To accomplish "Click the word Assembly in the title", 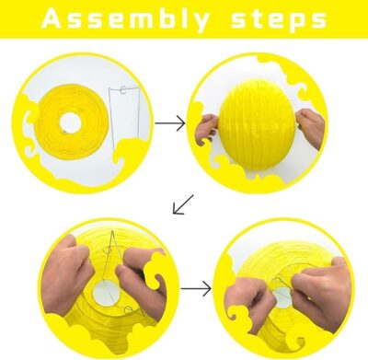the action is pyautogui.click(x=125, y=19).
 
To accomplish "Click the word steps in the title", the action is pyautogui.click(x=279, y=20).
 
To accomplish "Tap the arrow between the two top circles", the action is pyautogui.click(x=170, y=123).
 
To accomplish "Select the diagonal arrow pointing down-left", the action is pyautogui.click(x=183, y=204).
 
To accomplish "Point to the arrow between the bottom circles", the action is pyautogui.click(x=196, y=289).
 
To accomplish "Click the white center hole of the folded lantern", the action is pyautogui.click(x=71, y=122).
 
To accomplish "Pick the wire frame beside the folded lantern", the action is pyautogui.click(x=124, y=118).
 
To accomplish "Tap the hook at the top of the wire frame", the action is pyautogui.click(x=123, y=90).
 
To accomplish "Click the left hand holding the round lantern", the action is pyautogui.click(x=206, y=127).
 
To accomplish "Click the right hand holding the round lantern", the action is pyautogui.click(x=310, y=126).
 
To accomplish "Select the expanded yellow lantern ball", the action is pyautogui.click(x=257, y=124).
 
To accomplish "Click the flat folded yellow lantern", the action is pyautogui.click(x=73, y=121).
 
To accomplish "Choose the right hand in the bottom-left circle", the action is pyautogui.click(x=142, y=278).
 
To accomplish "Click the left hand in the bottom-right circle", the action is pyautogui.click(x=248, y=302).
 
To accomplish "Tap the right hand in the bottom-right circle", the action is pyautogui.click(x=322, y=293).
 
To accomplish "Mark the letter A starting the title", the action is pyautogui.click(x=52, y=19).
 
